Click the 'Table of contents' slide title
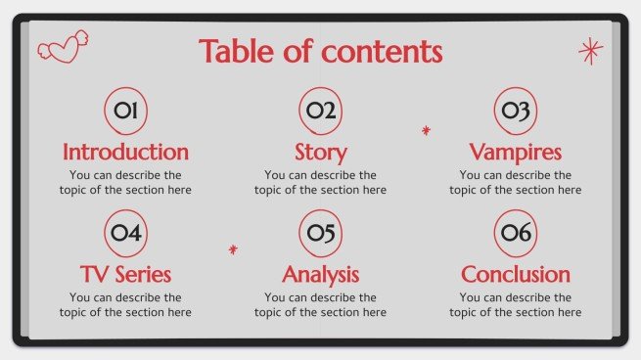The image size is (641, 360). click(x=320, y=51)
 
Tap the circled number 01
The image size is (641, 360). click(x=125, y=112)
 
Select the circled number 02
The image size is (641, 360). click(x=320, y=112)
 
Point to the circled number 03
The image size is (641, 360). click(x=515, y=112)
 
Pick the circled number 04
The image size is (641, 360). click(x=125, y=233)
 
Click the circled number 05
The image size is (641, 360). click(x=320, y=233)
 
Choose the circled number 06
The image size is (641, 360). click(x=515, y=233)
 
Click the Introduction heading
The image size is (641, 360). click(x=125, y=153)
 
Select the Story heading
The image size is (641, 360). click(x=320, y=153)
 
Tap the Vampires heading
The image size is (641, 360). click(x=515, y=153)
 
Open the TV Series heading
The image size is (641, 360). click(x=125, y=275)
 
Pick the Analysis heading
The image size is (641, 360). click(x=320, y=275)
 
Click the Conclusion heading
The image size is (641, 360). click(x=515, y=275)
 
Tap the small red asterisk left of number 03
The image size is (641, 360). click(x=426, y=130)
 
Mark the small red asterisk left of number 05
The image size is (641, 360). click(x=233, y=250)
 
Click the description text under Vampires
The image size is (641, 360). click(x=515, y=183)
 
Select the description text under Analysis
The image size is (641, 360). click(x=320, y=304)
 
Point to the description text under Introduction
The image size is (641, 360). click(x=125, y=183)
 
